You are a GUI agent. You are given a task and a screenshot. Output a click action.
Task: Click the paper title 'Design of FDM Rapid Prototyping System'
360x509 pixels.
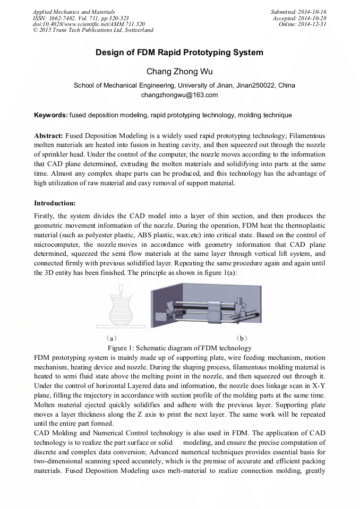[x=179, y=53]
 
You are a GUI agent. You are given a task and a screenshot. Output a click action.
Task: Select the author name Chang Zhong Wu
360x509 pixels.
[x=179, y=72]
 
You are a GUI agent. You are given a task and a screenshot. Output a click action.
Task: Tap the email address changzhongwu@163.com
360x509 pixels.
[x=179, y=95]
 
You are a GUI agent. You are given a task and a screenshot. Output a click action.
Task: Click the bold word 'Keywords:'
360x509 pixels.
[x=51, y=115]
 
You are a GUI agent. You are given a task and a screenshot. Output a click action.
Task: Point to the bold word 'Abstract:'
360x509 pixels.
[x=49, y=136]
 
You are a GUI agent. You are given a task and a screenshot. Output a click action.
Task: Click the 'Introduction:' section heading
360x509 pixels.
[x=55, y=203]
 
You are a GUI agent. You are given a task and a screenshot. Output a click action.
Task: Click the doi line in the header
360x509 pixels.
[x=89, y=24]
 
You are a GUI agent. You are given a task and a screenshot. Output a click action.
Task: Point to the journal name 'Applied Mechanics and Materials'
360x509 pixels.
[x=73, y=12]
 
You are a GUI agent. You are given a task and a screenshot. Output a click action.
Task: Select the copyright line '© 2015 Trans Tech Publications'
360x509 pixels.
[x=93, y=30]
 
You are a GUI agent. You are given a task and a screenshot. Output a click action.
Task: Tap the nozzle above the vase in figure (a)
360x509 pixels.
[x=122, y=289]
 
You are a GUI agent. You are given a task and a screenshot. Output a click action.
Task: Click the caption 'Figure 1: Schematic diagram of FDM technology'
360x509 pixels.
[x=179, y=348]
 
